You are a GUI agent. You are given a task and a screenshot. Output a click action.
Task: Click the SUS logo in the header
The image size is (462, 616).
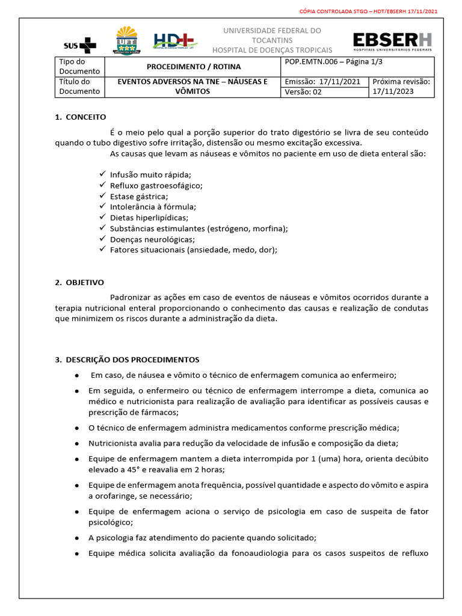pos(79,45)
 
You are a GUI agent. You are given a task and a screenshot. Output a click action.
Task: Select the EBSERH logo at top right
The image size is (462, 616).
pos(392,42)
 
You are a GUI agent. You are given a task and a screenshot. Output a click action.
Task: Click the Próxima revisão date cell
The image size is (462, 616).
pos(401,87)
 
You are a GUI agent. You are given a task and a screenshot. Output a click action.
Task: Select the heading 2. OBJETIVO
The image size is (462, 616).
pos(79,282)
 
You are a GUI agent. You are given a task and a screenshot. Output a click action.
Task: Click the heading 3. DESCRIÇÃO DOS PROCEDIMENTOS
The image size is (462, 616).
pos(127,360)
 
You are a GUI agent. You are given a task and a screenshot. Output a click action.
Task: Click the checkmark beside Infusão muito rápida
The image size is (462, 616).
pos(103,174)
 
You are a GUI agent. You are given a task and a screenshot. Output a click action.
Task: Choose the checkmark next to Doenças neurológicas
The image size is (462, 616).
pos(103,239)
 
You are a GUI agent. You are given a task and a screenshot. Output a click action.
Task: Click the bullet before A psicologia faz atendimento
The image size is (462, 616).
pos(78,537)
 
